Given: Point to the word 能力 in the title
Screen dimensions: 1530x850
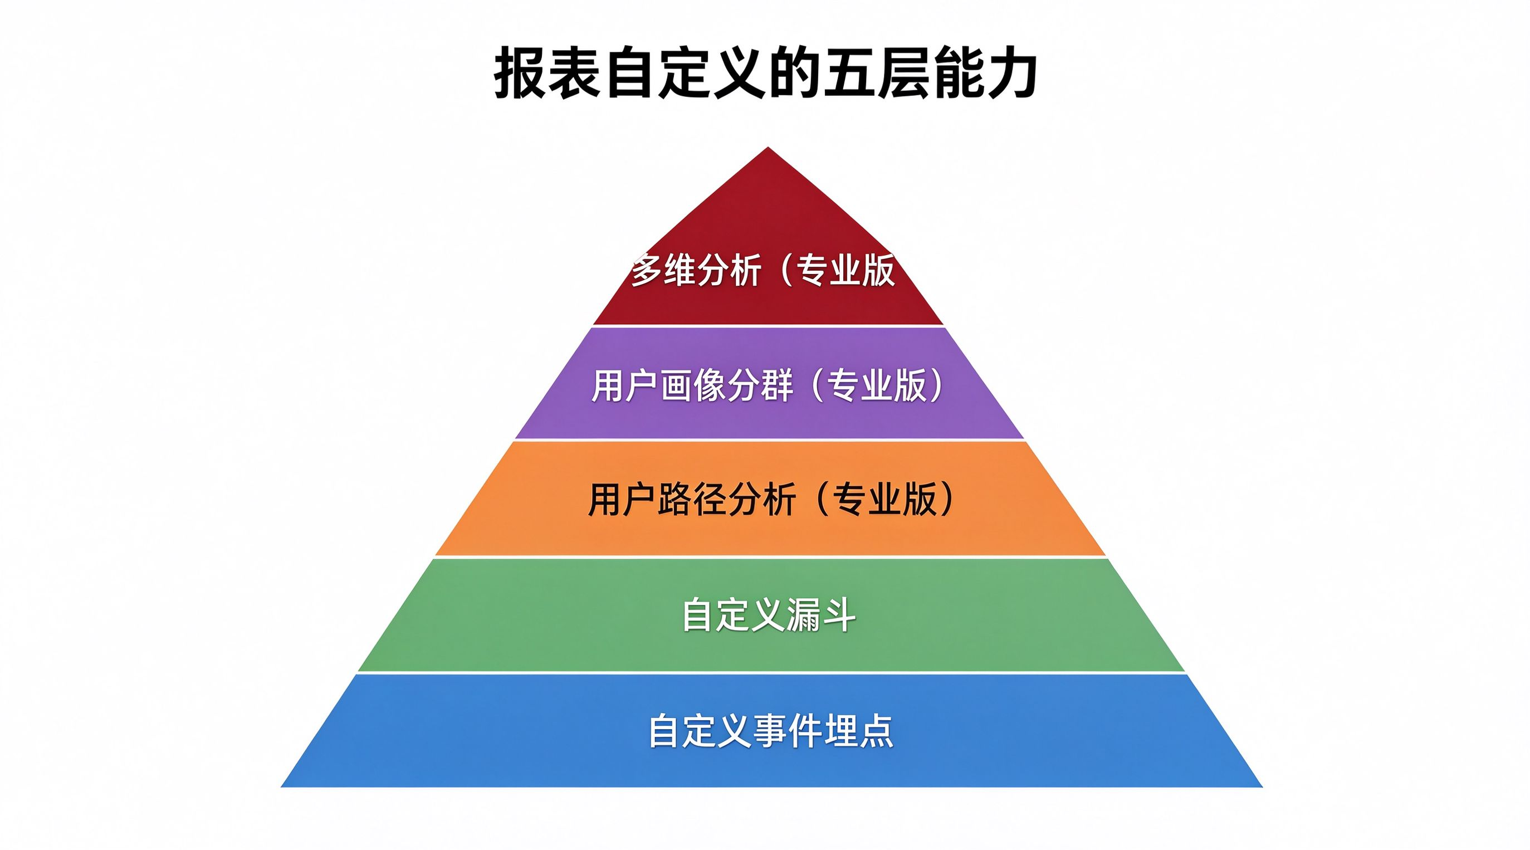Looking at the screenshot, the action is pos(984,75).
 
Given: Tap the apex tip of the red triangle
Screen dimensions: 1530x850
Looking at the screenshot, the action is pos(768,146).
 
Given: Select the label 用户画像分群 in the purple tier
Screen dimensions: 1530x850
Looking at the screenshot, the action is pos(692,386).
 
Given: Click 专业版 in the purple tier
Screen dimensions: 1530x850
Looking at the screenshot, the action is pos(877,386).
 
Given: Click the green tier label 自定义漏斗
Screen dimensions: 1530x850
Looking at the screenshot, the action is pos(769,615).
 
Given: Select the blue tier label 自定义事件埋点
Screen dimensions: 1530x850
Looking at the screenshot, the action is pos(771,731).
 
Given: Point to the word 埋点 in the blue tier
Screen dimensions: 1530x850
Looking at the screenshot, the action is pos(859,731).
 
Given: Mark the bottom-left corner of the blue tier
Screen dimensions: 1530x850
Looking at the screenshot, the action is pos(280,787).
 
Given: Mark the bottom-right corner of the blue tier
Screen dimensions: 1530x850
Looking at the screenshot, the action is pos(1263,787).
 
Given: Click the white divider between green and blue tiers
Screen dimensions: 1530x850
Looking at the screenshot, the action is pos(771,672).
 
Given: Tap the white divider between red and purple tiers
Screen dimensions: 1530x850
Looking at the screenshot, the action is pos(768,326).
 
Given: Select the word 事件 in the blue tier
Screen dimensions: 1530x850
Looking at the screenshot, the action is pos(788,731).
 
